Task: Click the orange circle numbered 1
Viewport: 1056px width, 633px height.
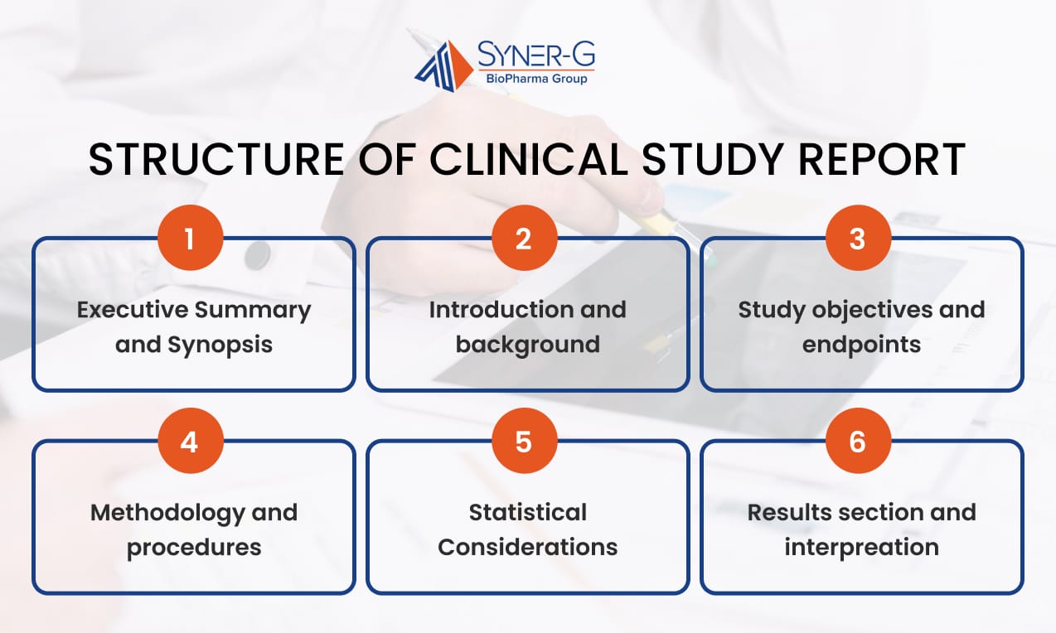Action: click(x=190, y=239)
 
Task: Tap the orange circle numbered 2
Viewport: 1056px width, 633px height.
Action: click(x=523, y=239)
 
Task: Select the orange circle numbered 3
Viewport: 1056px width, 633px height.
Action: click(x=857, y=239)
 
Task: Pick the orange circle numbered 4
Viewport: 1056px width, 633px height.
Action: click(x=190, y=442)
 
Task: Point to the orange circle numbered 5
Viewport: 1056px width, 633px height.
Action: click(x=523, y=442)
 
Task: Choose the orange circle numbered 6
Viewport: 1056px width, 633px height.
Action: click(x=857, y=442)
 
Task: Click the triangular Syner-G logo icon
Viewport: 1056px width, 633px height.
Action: click(x=443, y=65)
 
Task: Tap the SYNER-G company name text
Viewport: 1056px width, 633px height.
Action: click(x=535, y=56)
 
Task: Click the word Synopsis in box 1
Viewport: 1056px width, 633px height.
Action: click(x=220, y=344)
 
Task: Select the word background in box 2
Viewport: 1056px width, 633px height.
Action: click(x=527, y=344)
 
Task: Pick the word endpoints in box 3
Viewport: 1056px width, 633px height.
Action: click(x=861, y=344)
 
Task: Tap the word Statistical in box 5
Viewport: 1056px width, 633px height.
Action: click(x=527, y=513)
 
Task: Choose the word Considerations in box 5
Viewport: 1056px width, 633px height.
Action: click(x=527, y=547)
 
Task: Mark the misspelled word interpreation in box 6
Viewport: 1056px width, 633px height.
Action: click(x=861, y=547)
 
